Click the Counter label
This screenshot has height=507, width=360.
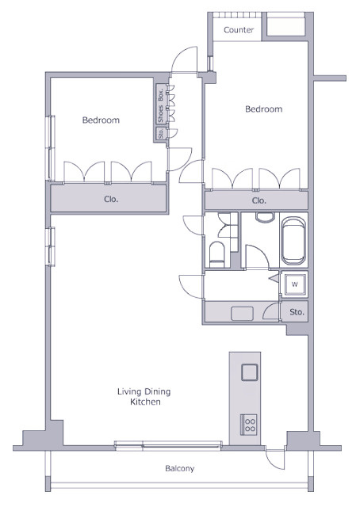[x=239, y=30]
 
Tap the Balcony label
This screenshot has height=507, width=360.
[x=180, y=468]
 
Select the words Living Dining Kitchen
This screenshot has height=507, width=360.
[x=144, y=397]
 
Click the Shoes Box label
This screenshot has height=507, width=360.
[x=161, y=104]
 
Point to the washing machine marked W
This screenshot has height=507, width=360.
[x=294, y=285]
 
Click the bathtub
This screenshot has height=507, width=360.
[x=293, y=241]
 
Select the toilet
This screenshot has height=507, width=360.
[x=217, y=254]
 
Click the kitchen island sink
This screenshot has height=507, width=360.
[x=250, y=372]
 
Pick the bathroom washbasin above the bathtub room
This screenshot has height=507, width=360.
[x=265, y=217]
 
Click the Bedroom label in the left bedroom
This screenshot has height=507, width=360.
[x=101, y=120]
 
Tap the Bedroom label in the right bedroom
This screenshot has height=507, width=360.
[x=264, y=109]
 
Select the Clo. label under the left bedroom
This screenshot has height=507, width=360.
[x=111, y=199]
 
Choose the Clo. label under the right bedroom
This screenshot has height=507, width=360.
[x=259, y=200]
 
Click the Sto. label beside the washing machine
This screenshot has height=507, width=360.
[x=297, y=312]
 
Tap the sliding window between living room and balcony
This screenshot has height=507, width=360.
[x=168, y=445]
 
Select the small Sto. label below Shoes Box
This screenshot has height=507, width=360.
[x=161, y=134]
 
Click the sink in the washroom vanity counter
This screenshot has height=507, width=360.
[x=242, y=314]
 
